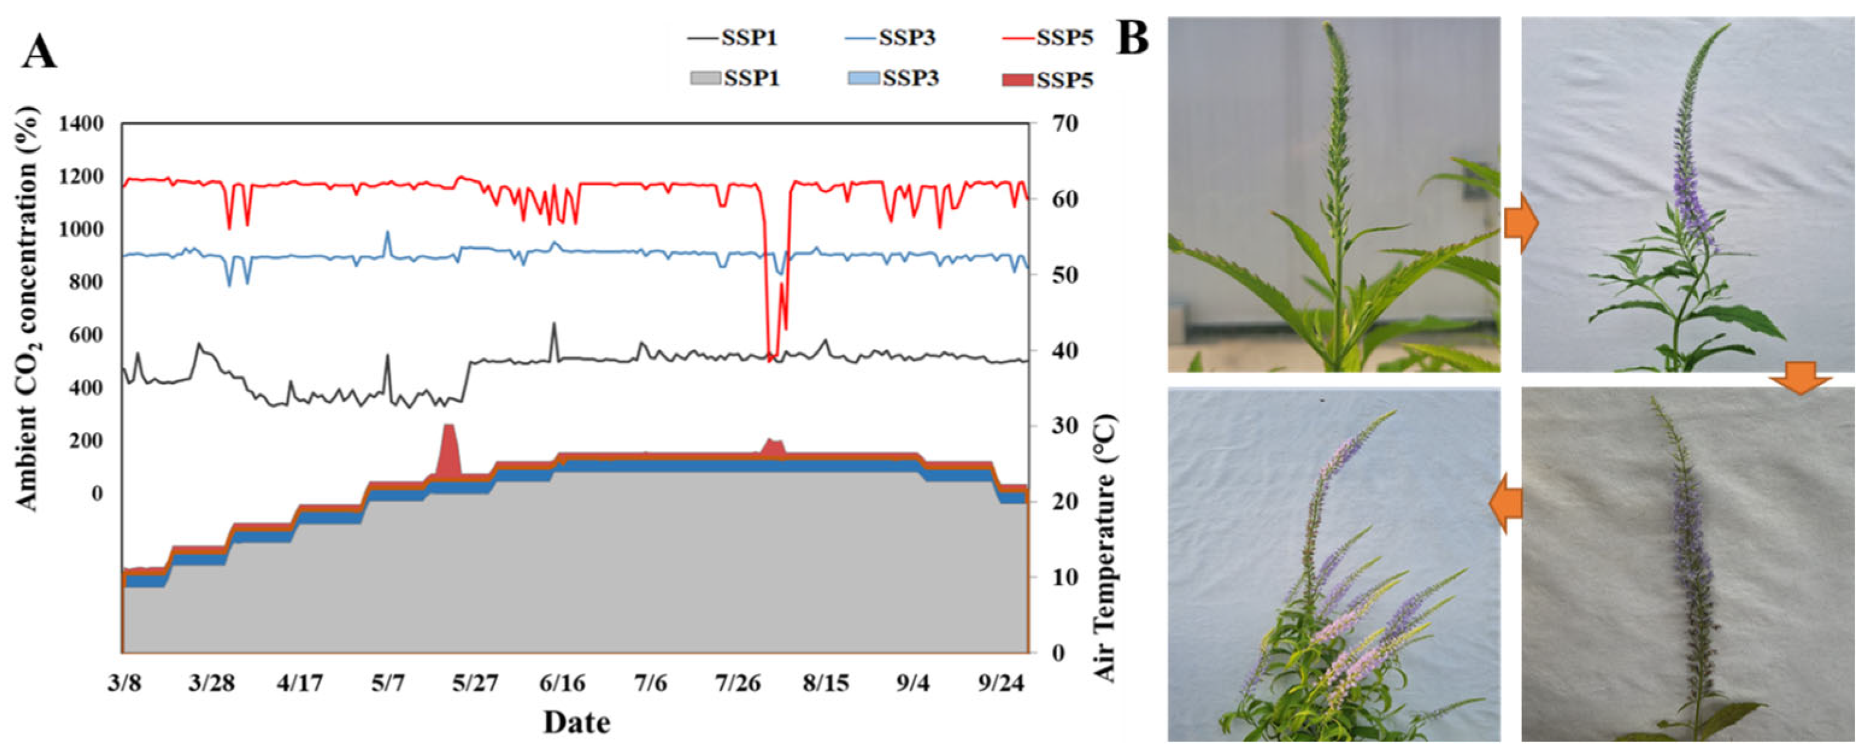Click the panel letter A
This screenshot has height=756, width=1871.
point(39,52)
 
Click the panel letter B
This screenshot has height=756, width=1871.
point(1133,38)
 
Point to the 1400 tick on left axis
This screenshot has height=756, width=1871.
point(81,123)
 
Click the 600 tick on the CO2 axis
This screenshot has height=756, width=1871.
point(86,335)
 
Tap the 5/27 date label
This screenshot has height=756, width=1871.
point(475,683)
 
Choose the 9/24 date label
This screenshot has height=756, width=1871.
point(1001,683)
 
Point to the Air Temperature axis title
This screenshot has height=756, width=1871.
point(1104,548)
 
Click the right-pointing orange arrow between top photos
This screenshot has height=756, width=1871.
point(1521,225)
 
